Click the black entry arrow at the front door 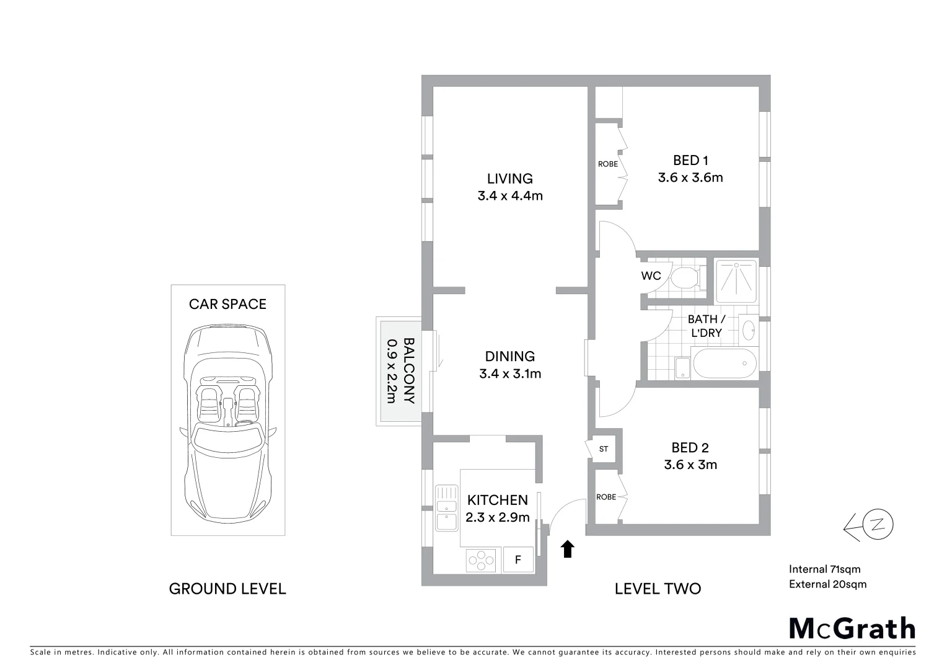[568, 549]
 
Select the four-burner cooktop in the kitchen [481, 560]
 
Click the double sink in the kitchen [444, 507]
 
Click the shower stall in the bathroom [736, 280]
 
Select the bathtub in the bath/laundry [724, 364]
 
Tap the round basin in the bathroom [749, 330]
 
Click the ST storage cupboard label [604, 449]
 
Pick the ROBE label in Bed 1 [608, 164]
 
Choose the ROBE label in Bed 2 [606, 497]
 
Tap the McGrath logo [852, 628]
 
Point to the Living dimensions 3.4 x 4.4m [509, 196]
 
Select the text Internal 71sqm [824, 569]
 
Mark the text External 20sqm [827, 584]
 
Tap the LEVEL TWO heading [658, 589]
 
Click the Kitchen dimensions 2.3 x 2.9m [498, 517]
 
